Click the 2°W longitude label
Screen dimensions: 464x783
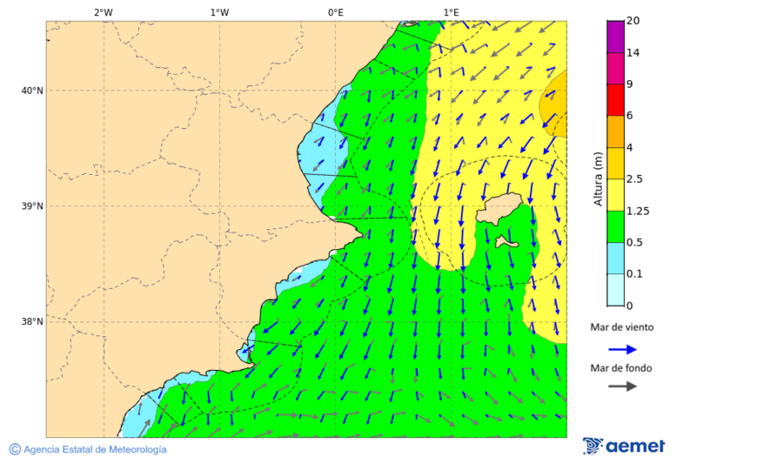pyautogui.click(x=103, y=12)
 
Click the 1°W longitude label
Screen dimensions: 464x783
pyautogui.click(x=219, y=12)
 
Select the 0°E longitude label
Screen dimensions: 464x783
pyautogui.click(x=335, y=12)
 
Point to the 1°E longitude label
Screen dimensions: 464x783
pyautogui.click(x=451, y=12)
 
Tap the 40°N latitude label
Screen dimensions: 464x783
pyautogui.click(x=32, y=91)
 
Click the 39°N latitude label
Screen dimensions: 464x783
pyautogui.click(x=32, y=206)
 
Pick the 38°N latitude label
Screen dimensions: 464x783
pyautogui.click(x=32, y=322)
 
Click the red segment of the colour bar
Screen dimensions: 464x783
pyautogui.click(x=615, y=99)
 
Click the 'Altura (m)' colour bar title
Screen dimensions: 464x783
pyautogui.click(x=598, y=178)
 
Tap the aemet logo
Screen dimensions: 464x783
pyautogui.click(x=624, y=446)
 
